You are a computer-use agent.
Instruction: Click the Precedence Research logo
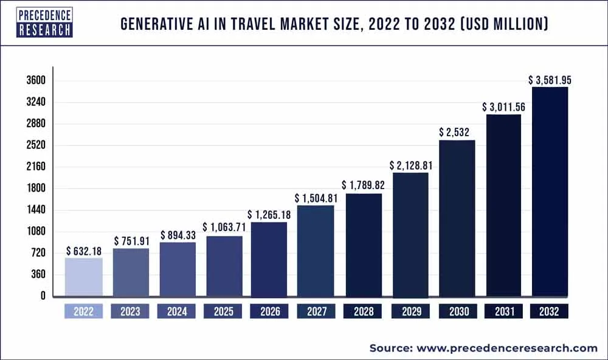[x=45, y=22]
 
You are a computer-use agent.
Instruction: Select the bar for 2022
[x=84, y=277]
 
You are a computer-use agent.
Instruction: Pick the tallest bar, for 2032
[x=550, y=192]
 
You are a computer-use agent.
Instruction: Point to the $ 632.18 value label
[x=84, y=251]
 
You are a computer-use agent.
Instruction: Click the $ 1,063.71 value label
[x=224, y=227]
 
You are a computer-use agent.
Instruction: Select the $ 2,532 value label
[x=457, y=132]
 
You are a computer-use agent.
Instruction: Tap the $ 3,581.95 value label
[x=550, y=80]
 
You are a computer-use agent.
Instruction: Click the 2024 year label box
[x=177, y=311]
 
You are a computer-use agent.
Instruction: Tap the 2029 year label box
[x=410, y=311]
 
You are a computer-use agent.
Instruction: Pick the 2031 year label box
[x=503, y=311]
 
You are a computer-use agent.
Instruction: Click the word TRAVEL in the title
[x=247, y=24]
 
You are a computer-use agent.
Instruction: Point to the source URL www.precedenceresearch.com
[x=507, y=348]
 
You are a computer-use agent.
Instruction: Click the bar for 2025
[x=224, y=266]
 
